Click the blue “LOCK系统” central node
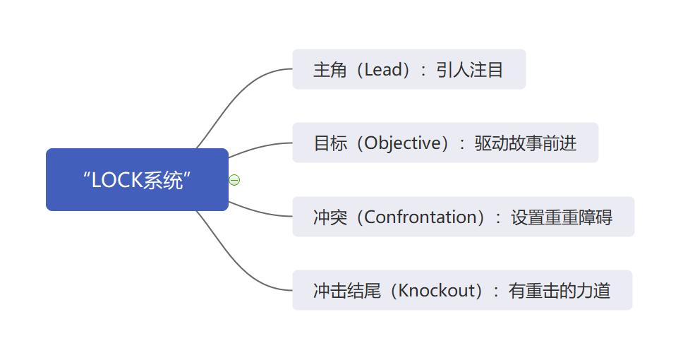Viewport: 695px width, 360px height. click(x=137, y=179)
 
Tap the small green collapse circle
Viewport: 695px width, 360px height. click(x=234, y=180)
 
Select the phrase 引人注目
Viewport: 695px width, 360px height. click(x=469, y=70)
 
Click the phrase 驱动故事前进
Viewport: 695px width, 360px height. click(x=526, y=143)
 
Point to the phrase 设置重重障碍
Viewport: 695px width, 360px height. click(x=562, y=217)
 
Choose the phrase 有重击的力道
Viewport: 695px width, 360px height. click(x=560, y=290)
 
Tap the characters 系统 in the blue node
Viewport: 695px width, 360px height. click(x=163, y=181)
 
